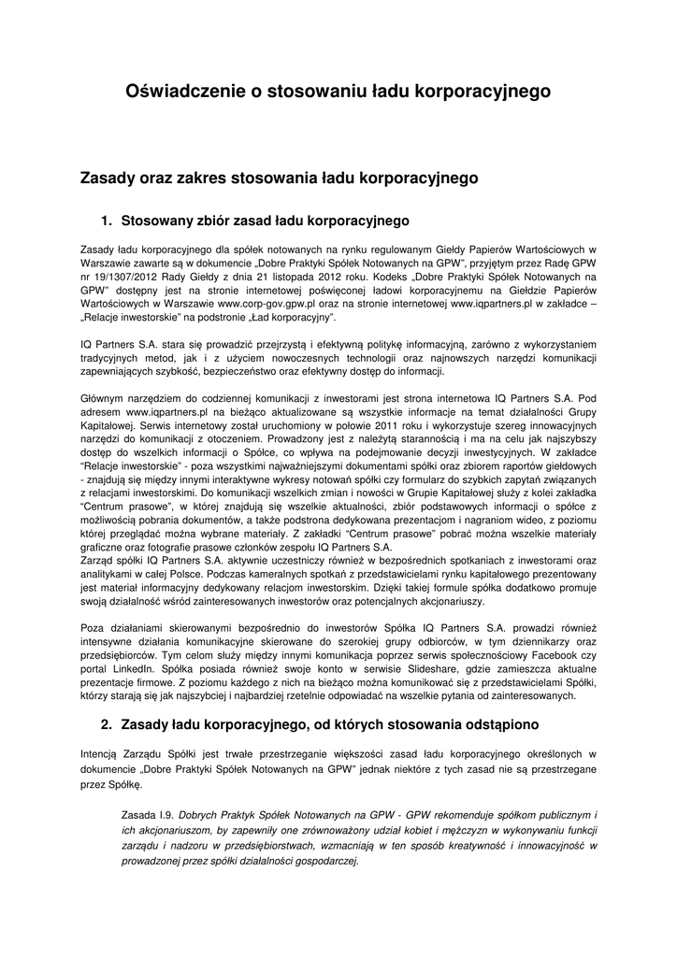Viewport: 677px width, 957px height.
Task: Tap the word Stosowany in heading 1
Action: [x=157, y=221]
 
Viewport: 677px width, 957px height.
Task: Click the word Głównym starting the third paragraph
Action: [x=104, y=398]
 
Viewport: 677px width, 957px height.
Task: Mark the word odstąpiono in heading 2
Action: [x=492, y=724]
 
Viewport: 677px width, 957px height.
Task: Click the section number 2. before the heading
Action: [x=107, y=724]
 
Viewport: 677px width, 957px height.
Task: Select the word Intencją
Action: [x=103, y=753]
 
